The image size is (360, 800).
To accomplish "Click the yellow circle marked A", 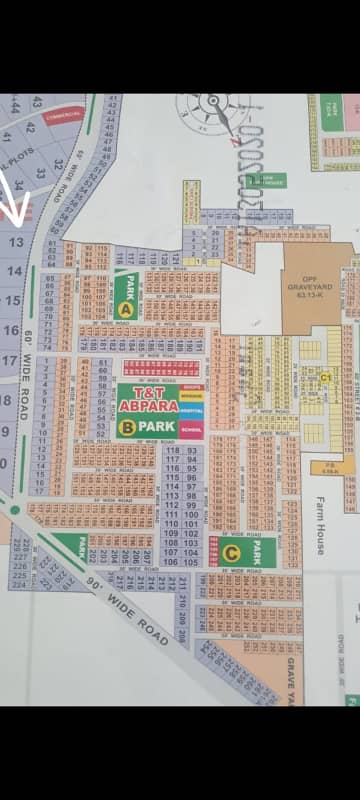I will pyautogui.click(x=126, y=310).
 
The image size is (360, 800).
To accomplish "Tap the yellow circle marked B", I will pyautogui.click(x=128, y=427).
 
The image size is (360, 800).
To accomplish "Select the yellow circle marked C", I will pyautogui.click(x=232, y=551).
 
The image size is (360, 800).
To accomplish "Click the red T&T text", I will pyautogui.click(x=147, y=391).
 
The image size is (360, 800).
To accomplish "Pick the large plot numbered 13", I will pyautogui.click(x=15, y=241).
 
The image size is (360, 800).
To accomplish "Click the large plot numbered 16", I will pyautogui.click(x=11, y=330).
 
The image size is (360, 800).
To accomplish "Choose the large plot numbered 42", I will pyautogui.click(x=30, y=127).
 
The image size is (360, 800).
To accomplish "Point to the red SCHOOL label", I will pyautogui.click(x=191, y=428).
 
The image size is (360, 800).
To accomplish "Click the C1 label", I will pyautogui.click(x=325, y=377).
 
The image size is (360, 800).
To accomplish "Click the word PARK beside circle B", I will pyautogui.click(x=161, y=427).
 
